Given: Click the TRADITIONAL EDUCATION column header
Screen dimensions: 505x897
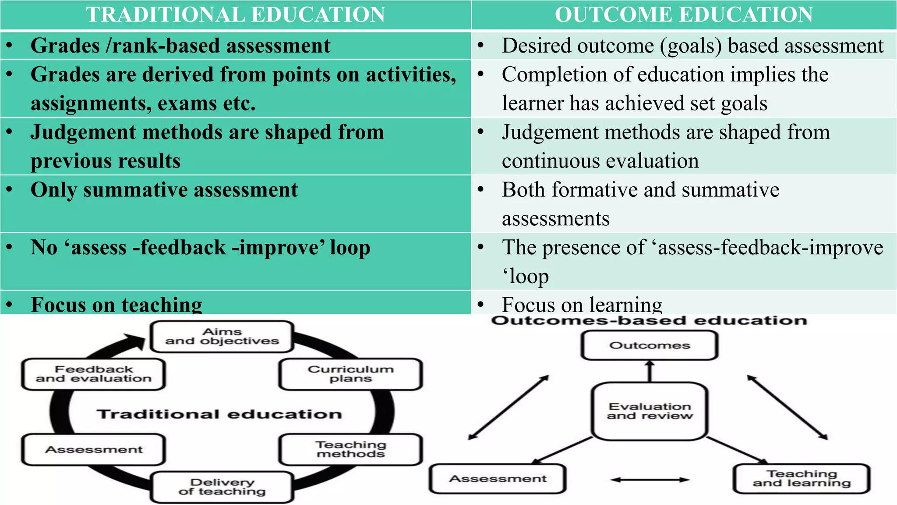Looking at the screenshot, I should point(235,14).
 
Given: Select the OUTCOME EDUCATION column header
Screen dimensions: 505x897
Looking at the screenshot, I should point(684,14).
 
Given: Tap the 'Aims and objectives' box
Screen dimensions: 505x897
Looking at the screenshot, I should point(222,337).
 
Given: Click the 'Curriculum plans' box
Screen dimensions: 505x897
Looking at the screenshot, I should point(350,374).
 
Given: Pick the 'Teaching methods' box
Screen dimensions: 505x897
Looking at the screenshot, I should point(350,449).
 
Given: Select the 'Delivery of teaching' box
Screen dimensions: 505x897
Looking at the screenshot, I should point(222,487).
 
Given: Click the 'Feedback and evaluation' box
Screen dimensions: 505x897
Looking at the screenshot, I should point(93,374).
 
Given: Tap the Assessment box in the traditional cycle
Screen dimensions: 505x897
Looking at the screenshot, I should point(93,449).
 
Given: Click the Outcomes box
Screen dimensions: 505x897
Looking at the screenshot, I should point(650,345).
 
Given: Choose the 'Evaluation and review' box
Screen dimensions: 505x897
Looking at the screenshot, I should point(650,411).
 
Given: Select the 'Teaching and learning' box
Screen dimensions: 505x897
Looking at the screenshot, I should point(802,478).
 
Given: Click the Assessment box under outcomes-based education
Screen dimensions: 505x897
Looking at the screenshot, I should point(498,479).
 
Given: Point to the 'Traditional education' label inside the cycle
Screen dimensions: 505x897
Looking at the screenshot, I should point(219,414).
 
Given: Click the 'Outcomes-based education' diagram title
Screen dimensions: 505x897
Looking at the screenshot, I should point(649,320).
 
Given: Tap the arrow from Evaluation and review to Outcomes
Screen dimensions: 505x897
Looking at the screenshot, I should point(650,371).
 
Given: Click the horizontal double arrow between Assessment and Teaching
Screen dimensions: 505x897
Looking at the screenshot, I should point(650,480).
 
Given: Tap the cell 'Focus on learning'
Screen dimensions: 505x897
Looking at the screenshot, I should point(582,304).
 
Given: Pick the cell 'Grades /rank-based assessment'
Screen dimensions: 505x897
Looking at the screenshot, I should point(180,46).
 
